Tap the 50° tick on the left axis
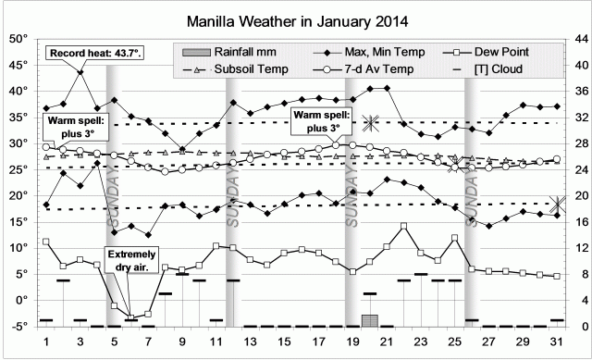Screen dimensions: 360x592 [18, 39]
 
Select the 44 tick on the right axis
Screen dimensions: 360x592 [575, 39]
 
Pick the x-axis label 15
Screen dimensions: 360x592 [284, 342]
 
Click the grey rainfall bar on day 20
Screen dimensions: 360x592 [370, 320]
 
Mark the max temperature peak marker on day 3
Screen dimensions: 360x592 [80, 72]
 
